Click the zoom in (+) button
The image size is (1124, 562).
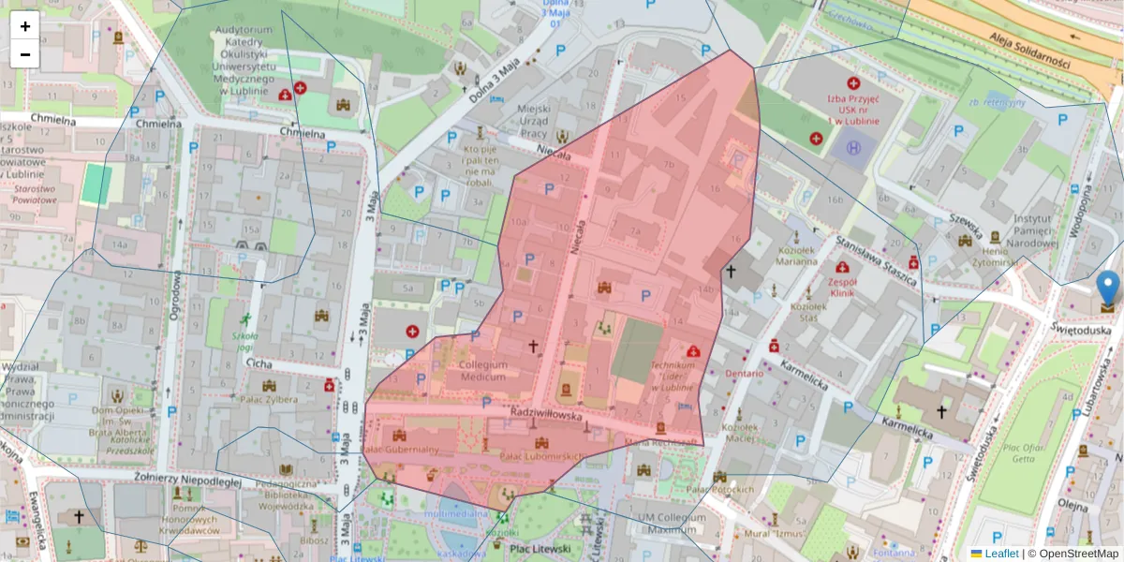pyautogui.click(x=25, y=26)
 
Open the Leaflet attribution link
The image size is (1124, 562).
pyautogui.click(x=1001, y=554)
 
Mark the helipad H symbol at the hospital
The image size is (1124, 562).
pyautogui.click(x=853, y=147)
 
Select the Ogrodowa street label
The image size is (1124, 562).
pyautogui.click(x=174, y=295)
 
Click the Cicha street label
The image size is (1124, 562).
pyautogui.click(x=259, y=362)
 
